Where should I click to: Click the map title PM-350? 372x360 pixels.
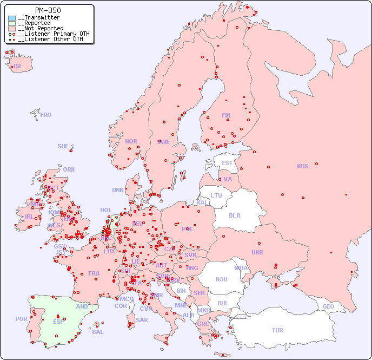(48, 10)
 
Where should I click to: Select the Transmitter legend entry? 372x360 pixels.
(38, 17)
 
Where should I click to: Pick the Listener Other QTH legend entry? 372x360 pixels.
(50, 39)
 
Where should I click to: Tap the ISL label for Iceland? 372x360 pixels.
(18, 67)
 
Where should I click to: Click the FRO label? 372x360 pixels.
(46, 115)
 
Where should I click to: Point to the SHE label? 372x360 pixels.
(63, 146)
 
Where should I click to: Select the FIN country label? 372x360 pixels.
(226, 115)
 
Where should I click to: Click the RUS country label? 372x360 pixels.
(302, 166)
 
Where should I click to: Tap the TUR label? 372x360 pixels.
(277, 330)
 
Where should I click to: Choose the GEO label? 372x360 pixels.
(328, 306)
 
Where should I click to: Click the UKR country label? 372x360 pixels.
(257, 252)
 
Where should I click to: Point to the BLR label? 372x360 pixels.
(235, 215)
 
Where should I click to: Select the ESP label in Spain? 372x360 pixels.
(58, 322)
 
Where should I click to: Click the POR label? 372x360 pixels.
(21, 319)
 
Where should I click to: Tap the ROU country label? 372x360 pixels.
(221, 279)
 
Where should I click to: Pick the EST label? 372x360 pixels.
(227, 163)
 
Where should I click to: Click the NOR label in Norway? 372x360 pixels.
(131, 141)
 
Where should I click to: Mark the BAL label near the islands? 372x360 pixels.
(98, 332)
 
